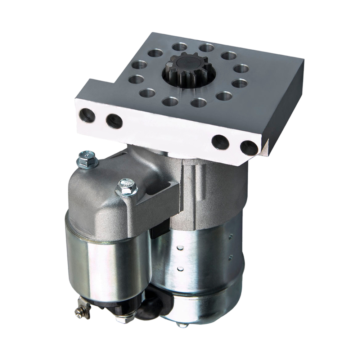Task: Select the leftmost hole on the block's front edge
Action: tap(87, 116)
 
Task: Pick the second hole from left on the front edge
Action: tap(114, 121)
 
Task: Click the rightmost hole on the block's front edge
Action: tap(249, 148)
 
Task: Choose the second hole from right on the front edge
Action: tap(220, 142)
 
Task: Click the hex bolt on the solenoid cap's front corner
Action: tap(127, 188)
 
